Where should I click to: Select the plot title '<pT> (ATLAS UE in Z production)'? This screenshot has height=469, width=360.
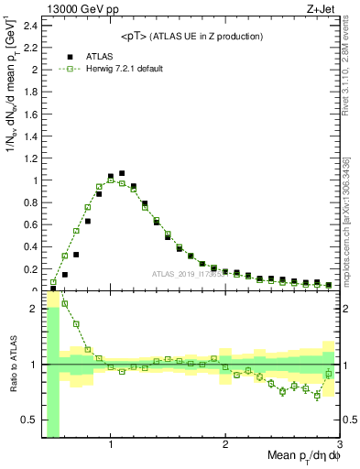point(191,36)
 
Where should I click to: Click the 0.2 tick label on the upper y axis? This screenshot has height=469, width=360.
point(30,269)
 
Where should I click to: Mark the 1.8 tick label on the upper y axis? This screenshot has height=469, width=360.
point(30,92)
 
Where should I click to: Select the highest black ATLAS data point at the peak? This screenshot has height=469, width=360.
point(122,172)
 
